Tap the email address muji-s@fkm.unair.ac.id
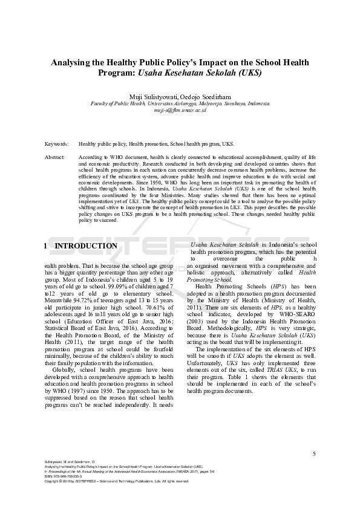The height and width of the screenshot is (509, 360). pyautogui.click(x=180, y=110)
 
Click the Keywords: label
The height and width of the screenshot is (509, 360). pyautogui.click(x=56, y=144)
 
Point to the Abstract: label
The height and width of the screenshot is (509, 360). pyautogui.click(x=55, y=157)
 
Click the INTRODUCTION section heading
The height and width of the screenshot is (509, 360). pyautogui.click(x=86, y=246)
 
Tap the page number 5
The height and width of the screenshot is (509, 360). pyautogui.click(x=314, y=453)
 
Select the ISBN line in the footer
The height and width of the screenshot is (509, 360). pyautogui.click(x=64, y=476)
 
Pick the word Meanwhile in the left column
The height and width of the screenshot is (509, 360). pyautogui.click(x=91, y=302)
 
